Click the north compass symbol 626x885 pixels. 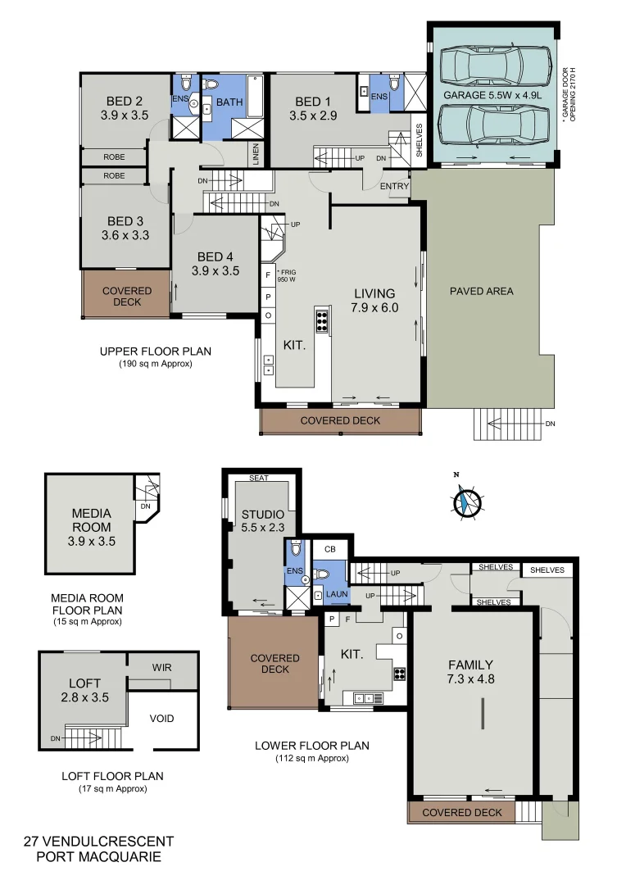tap(466, 501)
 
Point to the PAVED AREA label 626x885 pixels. tap(482, 291)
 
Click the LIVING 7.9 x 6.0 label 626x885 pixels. tap(374, 301)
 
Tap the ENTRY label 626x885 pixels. tap(394, 187)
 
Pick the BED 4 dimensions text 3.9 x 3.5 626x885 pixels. tap(215, 270)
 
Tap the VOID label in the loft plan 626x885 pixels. tap(161, 719)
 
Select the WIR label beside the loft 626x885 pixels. tap(161, 668)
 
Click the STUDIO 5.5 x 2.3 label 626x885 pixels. tap(262, 522)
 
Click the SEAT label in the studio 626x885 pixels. tap(259, 478)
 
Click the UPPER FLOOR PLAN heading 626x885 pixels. tap(155, 352)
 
